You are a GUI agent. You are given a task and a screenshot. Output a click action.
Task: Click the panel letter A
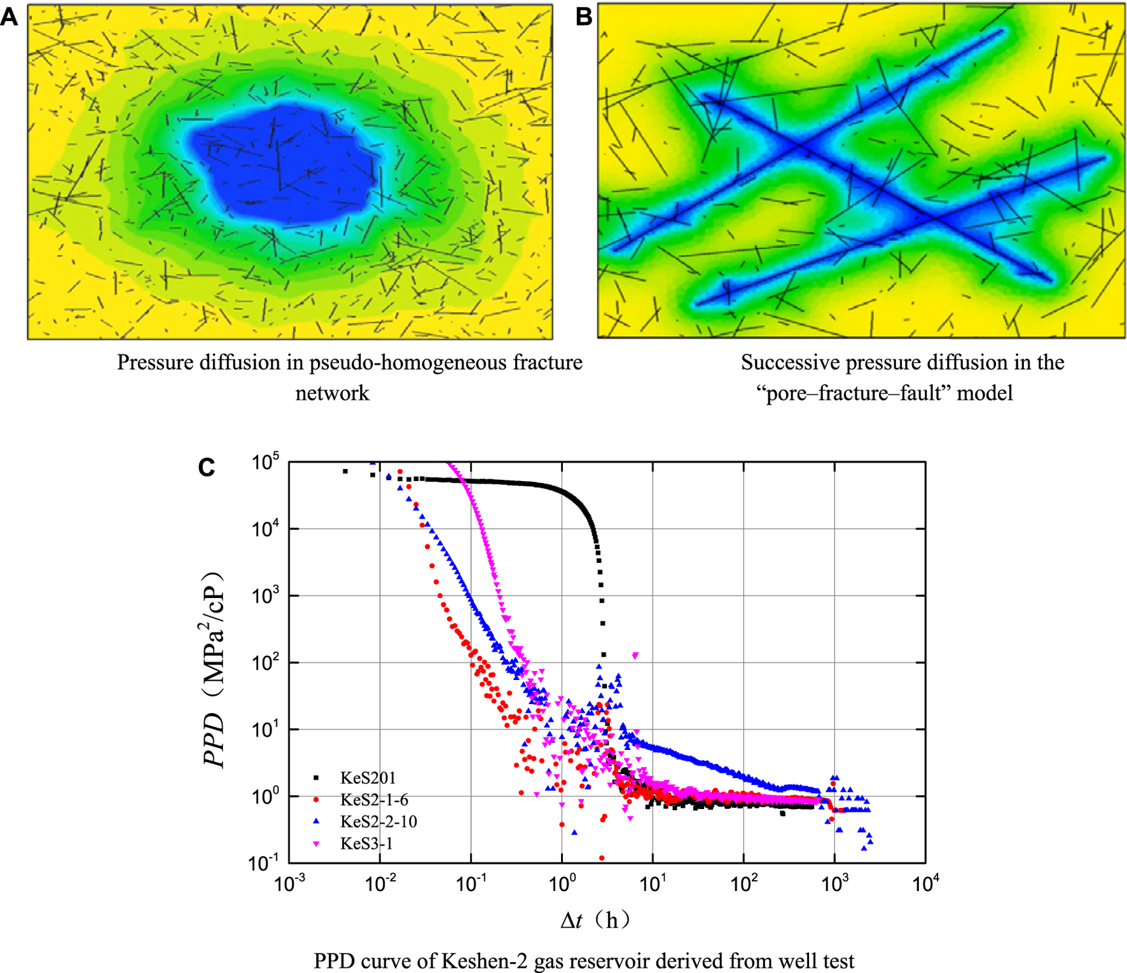(9, 17)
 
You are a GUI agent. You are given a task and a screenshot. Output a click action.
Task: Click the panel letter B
(583, 17)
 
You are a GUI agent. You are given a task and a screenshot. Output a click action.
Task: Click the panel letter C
(207, 468)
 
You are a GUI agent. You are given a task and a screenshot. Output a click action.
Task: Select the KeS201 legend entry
(368, 778)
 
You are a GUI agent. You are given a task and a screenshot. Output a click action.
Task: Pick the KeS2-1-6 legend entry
(374, 799)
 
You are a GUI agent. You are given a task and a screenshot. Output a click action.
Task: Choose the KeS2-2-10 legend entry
(378, 822)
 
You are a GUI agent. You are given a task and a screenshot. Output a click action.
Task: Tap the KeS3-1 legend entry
(366, 844)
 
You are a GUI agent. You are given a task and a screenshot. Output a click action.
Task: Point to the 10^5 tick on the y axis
(265, 462)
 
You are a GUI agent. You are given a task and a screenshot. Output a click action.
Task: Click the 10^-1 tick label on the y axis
(264, 862)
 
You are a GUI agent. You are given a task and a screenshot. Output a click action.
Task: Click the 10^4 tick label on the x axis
(925, 884)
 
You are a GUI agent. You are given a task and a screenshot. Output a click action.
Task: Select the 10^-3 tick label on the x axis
(289, 884)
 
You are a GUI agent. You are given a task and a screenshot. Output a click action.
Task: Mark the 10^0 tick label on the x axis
(562, 884)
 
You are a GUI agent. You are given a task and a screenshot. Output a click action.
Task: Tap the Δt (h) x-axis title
(595, 920)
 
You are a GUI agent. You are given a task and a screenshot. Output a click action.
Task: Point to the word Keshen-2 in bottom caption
(483, 960)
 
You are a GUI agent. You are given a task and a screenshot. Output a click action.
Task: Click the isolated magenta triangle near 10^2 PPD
(635, 655)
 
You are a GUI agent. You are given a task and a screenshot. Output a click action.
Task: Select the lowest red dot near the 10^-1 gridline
(602, 858)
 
